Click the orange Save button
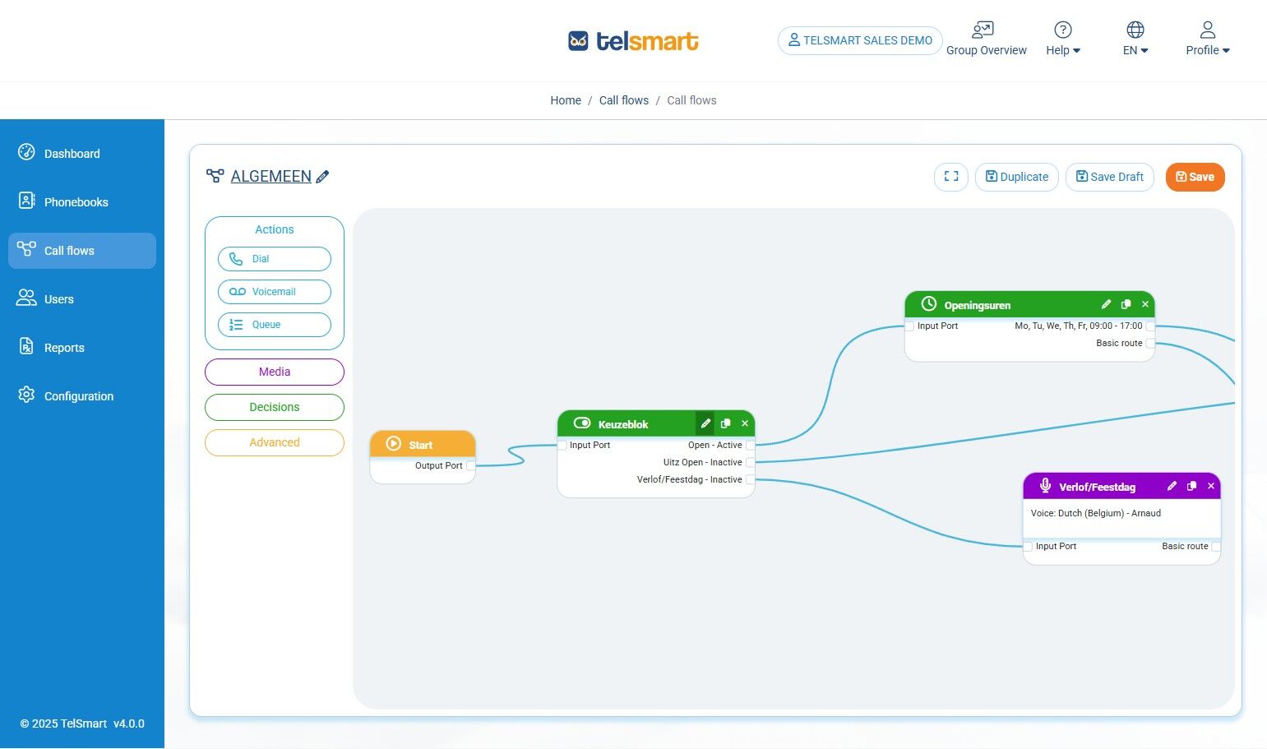1195,177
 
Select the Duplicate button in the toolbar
1017,177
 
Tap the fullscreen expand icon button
951,177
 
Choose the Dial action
275,259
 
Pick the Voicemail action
275,292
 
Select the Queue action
275,325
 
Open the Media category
275,372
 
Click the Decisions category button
275,407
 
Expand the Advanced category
275,442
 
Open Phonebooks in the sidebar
76,202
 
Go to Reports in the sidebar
64,348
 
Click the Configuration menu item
78,396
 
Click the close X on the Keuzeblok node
745,423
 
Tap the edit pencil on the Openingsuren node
1107,304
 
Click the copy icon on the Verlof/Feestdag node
1191,486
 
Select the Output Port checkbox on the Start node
470,466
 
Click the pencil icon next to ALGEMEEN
323,177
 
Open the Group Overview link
986,39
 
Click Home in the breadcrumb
566,100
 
